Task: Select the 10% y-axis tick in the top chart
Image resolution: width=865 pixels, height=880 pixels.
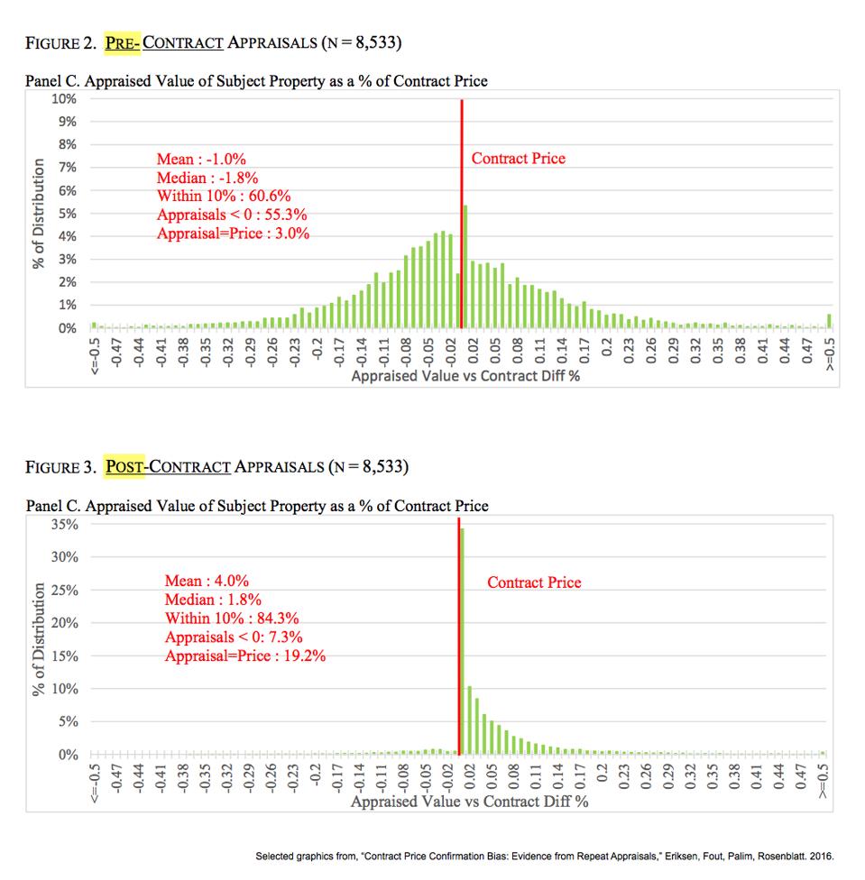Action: (64, 98)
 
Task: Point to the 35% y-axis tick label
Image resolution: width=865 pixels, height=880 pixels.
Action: (66, 524)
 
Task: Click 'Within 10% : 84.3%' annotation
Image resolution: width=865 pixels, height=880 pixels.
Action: (232, 619)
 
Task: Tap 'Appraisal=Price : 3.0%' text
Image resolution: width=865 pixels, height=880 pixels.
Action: (233, 233)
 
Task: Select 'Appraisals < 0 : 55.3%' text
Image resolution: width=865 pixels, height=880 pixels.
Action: (237, 215)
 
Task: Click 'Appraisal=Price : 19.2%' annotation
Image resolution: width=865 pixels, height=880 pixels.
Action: (245, 655)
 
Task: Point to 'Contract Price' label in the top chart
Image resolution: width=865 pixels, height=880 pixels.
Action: (519, 159)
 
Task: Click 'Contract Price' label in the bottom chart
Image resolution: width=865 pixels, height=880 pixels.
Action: (534, 582)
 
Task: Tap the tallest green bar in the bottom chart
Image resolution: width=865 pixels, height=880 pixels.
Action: (463, 640)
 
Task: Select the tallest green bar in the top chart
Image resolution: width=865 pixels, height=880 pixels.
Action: (465, 267)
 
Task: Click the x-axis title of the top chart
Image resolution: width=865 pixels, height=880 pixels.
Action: (465, 375)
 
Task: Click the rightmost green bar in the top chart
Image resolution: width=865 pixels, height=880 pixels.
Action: (829, 321)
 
